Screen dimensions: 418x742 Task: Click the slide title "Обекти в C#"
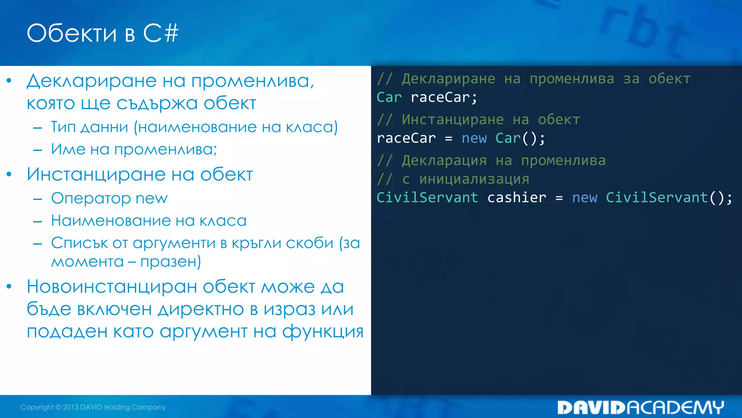coord(103,33)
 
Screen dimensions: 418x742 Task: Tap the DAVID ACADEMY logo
coord(640,407)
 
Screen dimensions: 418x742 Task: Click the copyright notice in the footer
coord(93,407)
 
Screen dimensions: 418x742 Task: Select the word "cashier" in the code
coord(517,198)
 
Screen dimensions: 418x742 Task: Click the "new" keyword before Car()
coord(474,138)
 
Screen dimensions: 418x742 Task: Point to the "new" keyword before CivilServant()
coord(584,198)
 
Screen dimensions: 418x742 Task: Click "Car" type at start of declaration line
coord(389,97)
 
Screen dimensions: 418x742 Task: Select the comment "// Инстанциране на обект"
coord(478,120)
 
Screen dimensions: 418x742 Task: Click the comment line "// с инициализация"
coord(453,179)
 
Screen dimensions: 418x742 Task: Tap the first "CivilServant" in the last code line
coord(427,198)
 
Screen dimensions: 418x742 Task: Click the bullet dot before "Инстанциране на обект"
coord(9,175)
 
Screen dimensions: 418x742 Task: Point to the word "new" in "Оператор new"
coord(151,198)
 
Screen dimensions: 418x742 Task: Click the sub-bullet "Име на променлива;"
coord(134,149)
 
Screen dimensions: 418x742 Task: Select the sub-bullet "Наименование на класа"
coord(149,221)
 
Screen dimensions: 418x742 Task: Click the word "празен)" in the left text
coord(171,262)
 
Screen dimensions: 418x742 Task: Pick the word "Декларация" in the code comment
coord(444,161)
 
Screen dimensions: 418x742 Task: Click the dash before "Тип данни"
coord(38,127)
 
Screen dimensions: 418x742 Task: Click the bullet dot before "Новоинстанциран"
coord(9,287)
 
